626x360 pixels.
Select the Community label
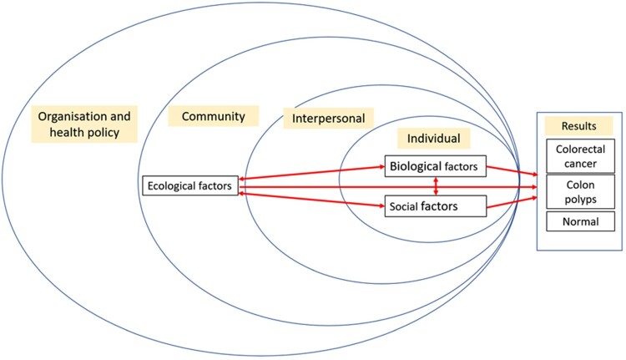[208, 116]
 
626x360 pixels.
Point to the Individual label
[433, 136]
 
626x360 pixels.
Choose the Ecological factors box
[190, 185]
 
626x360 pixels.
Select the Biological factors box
[434, 166]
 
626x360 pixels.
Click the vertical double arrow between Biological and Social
[436, 185]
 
